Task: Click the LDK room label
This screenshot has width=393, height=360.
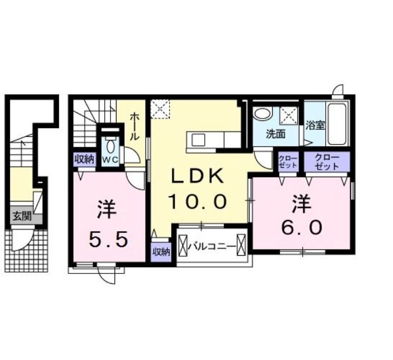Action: (x=197, y=176)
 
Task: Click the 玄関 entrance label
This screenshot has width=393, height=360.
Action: (x=22, y=215)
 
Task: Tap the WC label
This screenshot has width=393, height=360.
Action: (x=110, y=160)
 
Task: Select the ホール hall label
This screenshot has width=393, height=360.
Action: (x=135, y=126)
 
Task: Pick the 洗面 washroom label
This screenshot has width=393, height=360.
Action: (x=276, y=134)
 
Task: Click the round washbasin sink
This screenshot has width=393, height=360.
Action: (x=263, y=114)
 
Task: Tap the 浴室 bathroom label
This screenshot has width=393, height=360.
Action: (x=315, y=125)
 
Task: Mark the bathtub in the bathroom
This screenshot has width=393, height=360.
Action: (x=337, y=124)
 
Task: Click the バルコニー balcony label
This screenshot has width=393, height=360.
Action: (x=212, y=246)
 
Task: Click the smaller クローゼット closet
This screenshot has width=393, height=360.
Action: (x=288, y=162)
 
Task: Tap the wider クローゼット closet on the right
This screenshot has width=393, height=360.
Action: (x=327, y=162)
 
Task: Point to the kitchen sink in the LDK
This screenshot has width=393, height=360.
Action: (x=198, y=140)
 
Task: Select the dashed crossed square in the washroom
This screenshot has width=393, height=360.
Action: (x=289, y=116)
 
